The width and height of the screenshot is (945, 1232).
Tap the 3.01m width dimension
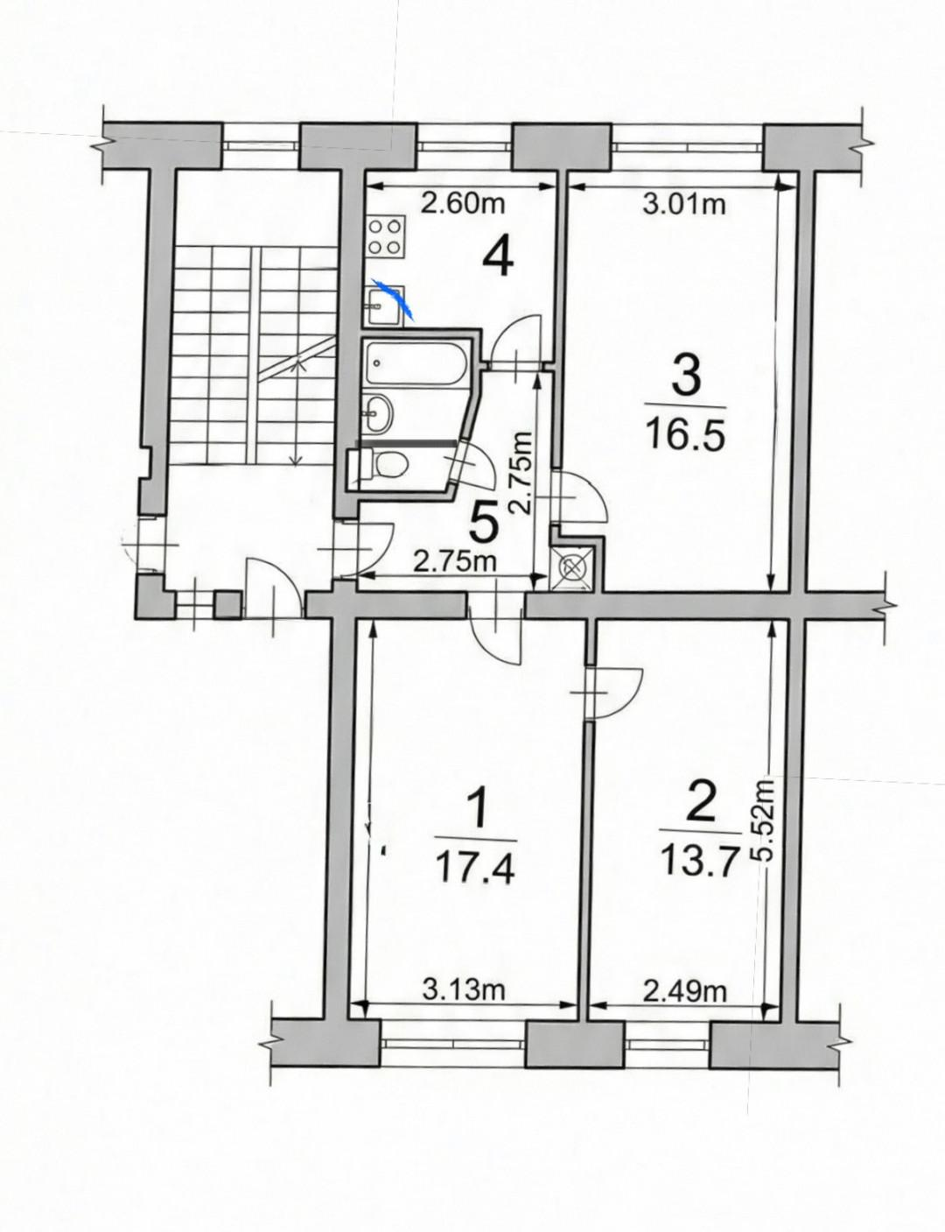(x=683, y=205)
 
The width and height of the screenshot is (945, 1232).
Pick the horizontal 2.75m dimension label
(x=455, y=562)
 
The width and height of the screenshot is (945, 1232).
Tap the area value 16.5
(x=685, y=433)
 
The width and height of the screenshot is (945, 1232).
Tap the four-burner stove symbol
(x=385, y=237)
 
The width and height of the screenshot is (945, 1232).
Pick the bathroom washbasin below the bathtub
(x=378, y=412)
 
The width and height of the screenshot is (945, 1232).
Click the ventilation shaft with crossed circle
(x=574, y=569)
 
